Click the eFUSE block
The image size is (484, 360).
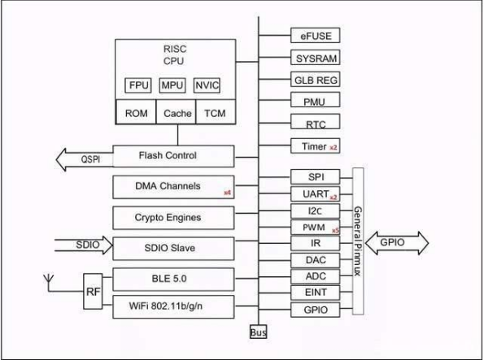click(x=315, y=36)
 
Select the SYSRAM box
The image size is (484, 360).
click(x=315, y=58)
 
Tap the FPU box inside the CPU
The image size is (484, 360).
click(x=138, y=85)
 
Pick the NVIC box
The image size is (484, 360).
click(x=207, y=85)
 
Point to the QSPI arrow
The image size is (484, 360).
click(x=85, y=159)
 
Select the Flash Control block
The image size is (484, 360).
click(x=173, y=156)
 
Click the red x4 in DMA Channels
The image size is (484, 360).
click(x=227, y=193)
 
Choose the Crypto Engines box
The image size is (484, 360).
click(x=173, y=218)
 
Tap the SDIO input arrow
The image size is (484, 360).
click(x=84, y=245)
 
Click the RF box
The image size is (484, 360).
click(x=93, y=291)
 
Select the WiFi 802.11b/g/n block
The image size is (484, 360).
click(x=173, y=306)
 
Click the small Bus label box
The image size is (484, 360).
click(x=258, y=332)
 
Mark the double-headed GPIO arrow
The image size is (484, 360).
click(x=397, y=243)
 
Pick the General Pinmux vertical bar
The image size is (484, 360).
click(x=358, y=241)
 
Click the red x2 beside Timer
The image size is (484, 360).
click(x=333, y=148)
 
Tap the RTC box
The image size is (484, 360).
click(x=315, y=122)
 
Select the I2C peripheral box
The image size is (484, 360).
click(x=315, y=211)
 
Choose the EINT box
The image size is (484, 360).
click(x=315, y=293)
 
